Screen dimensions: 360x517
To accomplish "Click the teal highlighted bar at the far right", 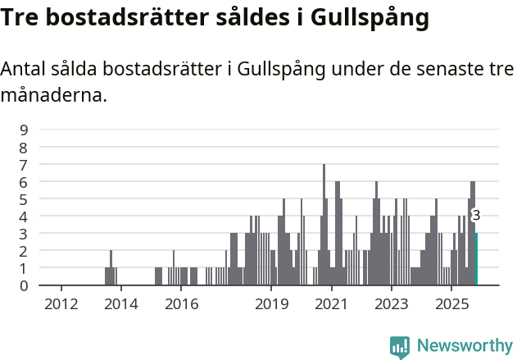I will tap(476, 259).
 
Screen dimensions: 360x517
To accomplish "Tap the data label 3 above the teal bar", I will tap(476, 216).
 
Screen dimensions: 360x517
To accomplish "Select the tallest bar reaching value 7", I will tap(324, 225).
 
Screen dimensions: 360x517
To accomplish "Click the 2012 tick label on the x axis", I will tap(61, 304).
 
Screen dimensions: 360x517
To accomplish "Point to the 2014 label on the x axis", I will tap(121, 304).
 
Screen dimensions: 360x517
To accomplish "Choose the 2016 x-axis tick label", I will tap(181, 304).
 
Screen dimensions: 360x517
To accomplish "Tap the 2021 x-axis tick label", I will tap(332, 304).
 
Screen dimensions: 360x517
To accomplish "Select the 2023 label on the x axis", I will tap(392, 304).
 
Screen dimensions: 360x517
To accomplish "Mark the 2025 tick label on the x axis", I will tap(451, 304).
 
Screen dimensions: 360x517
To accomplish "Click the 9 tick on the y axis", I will tap(24, 130).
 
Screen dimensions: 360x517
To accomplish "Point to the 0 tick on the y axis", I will tap(24, 285).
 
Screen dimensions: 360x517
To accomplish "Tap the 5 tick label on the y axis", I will tap(24, 198).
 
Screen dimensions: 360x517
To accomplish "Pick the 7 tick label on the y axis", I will tap(24, 164).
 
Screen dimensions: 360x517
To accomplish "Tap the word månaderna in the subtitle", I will tap(54, 95).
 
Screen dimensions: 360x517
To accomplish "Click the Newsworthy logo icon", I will tap(400, 346).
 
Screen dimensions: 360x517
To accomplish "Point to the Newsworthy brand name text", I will tap(464, 346).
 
